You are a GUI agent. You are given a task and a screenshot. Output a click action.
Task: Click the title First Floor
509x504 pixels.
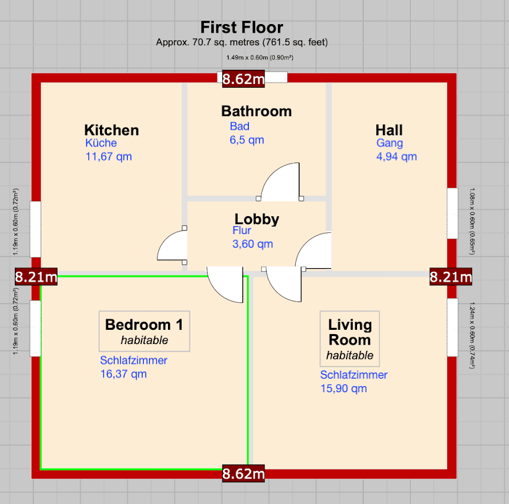[x=242, y=28]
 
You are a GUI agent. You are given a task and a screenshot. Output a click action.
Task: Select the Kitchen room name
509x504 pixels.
[x=111, y=130]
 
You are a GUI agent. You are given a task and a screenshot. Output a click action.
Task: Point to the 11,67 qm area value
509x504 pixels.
[x=108, y=157]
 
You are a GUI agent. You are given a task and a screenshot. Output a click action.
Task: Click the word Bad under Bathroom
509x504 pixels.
[x=240, y=126]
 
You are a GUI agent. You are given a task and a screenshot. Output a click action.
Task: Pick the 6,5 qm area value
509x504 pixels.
[x=246, y=140]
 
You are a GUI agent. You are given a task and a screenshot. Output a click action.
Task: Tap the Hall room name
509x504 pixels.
[x=389, y=130]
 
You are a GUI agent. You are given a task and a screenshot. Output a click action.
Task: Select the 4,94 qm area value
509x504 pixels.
[x=397, y=157]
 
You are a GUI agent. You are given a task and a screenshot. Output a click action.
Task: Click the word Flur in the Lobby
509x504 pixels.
[x=242, y=231]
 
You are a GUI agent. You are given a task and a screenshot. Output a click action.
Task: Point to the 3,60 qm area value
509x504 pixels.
[x=252, y=244]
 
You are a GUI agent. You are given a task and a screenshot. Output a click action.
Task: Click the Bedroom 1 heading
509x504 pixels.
[x=144, y=325]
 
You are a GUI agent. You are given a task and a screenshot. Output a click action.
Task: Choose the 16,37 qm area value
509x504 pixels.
[x=123, y=374]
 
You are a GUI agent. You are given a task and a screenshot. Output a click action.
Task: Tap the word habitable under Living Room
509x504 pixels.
[x=350, y=355]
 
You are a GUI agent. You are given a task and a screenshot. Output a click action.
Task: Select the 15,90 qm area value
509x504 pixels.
[x=343, y=388]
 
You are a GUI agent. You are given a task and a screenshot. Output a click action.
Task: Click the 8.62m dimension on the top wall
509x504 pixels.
[x=243, y=78]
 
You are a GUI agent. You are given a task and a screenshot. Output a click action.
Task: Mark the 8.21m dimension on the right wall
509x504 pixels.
[x=451, y=277]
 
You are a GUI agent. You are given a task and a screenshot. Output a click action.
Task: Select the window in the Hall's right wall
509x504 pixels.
[x=453, y=213]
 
